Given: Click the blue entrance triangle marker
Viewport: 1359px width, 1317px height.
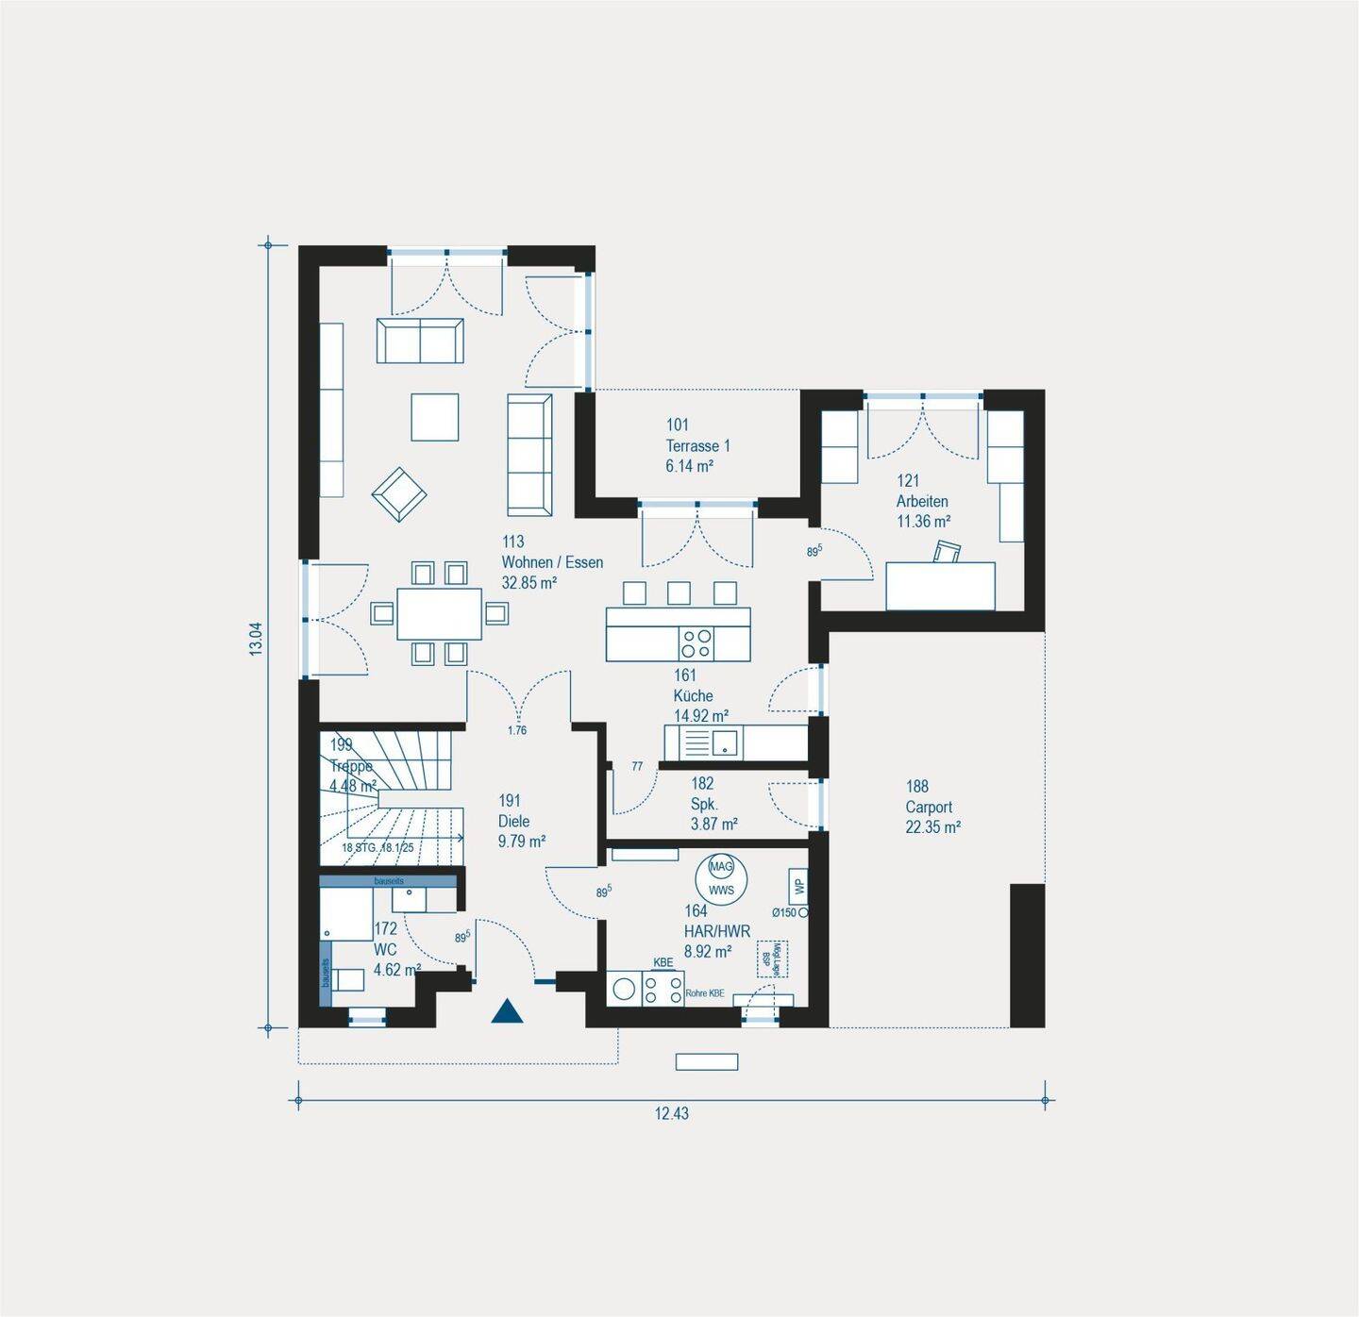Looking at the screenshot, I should (x=507, y=1012).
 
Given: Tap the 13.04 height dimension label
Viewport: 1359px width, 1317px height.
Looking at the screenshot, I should (x=256, y=639).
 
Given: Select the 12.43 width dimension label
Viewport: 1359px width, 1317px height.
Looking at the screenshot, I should (x=672, y=1113).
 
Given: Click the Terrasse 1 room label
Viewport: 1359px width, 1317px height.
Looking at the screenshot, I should (x=697, y=445).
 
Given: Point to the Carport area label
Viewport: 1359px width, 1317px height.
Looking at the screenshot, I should (x=932, y=807).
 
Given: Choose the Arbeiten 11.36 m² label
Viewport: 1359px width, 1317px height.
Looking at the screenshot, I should (x=923, y=501).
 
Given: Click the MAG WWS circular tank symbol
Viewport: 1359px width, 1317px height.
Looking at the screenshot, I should (x=721, y=878).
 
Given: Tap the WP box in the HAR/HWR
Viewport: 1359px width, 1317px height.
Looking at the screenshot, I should (x=798, y=887).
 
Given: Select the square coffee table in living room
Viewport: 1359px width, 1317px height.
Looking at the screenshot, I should (x=435, y=417).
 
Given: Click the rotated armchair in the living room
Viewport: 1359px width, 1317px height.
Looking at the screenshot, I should (x=399, y=493).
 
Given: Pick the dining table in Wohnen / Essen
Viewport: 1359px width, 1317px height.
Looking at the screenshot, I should (x=440, y=614).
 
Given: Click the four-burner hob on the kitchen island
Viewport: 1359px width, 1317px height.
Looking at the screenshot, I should (x=696, y=643).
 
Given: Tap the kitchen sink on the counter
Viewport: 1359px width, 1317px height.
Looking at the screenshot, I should (x=725, y=742).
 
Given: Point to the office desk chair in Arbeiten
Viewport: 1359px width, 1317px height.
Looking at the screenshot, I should (x=947, y=552).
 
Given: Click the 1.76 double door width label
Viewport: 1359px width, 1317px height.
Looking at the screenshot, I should (x=516, y=730).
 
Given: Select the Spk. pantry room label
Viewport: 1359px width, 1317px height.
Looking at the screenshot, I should (x=704, y=804).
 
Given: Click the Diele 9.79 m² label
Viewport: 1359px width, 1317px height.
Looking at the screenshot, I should (x=521, y=821).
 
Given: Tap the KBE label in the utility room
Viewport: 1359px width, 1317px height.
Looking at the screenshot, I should (x=663, y=962).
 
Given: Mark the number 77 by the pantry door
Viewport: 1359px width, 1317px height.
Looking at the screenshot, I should (x=637, y=767).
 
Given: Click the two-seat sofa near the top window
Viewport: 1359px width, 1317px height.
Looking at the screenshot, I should (x=420, y=341).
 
